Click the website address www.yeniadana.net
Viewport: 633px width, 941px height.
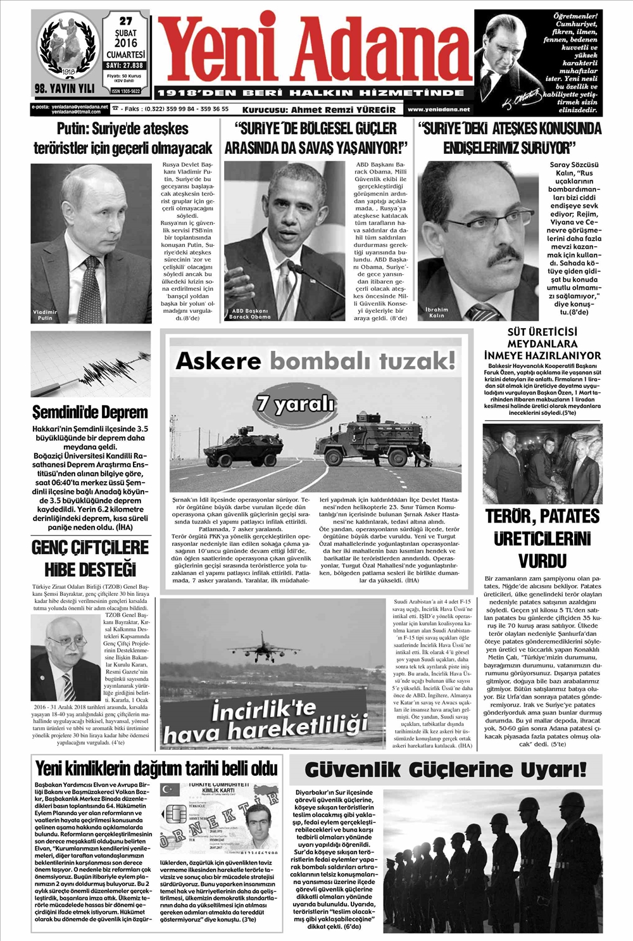point(439,110)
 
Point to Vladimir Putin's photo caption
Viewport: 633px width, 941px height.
point(46,315)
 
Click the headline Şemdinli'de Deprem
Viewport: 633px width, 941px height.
point(90,413)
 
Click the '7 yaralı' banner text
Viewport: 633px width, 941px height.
point(295,403)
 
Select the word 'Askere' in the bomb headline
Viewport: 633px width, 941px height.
point(218,361)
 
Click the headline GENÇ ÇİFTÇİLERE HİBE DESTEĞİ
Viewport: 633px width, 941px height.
point(91,557)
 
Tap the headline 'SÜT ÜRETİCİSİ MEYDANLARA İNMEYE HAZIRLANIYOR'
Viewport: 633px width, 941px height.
point(542,344)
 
